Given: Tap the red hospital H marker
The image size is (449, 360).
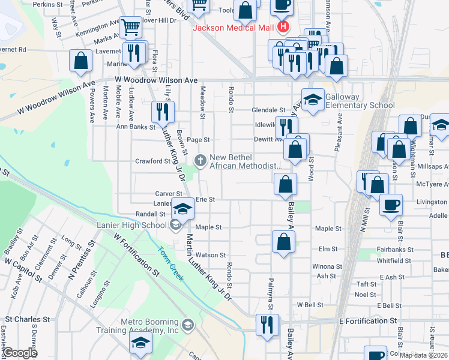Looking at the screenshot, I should [x=283, y=27].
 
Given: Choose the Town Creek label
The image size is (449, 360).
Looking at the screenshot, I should [x=170, y=263].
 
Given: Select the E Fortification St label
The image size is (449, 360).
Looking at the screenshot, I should [x=367, y=321].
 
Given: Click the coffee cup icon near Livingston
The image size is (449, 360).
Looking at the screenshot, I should [x=390, y=205].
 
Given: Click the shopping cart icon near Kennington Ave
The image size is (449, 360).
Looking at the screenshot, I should [x=130, y=27].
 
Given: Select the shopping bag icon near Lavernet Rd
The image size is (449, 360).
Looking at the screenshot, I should [x=81, y=61].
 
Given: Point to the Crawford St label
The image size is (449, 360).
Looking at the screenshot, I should [x=149, y=161].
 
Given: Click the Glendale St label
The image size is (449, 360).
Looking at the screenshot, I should [x=268, y=110].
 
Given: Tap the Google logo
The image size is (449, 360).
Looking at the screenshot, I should [x=19, y=353].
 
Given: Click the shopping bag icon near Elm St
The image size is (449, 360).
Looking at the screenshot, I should [x=283, y=242].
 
